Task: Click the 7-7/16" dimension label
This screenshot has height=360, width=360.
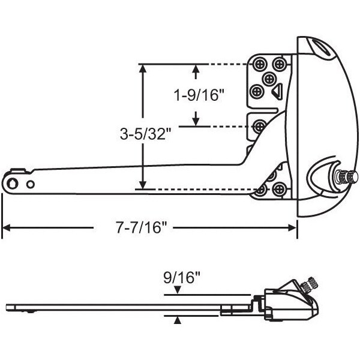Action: click(x=141, y=228)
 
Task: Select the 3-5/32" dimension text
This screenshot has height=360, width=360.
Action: click(x=146, y=133)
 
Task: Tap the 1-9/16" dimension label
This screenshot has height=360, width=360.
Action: click(x=199, y=95)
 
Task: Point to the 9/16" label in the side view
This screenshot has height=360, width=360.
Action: click(x=182, y=278)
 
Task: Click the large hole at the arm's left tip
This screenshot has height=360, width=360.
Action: click(x=12, y=183)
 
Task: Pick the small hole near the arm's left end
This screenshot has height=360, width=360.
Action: click(x=31, y=184)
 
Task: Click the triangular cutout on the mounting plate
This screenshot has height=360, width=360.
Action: click(x=277, y=92)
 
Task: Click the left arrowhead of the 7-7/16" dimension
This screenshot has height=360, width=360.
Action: click(x=7, y=228)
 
